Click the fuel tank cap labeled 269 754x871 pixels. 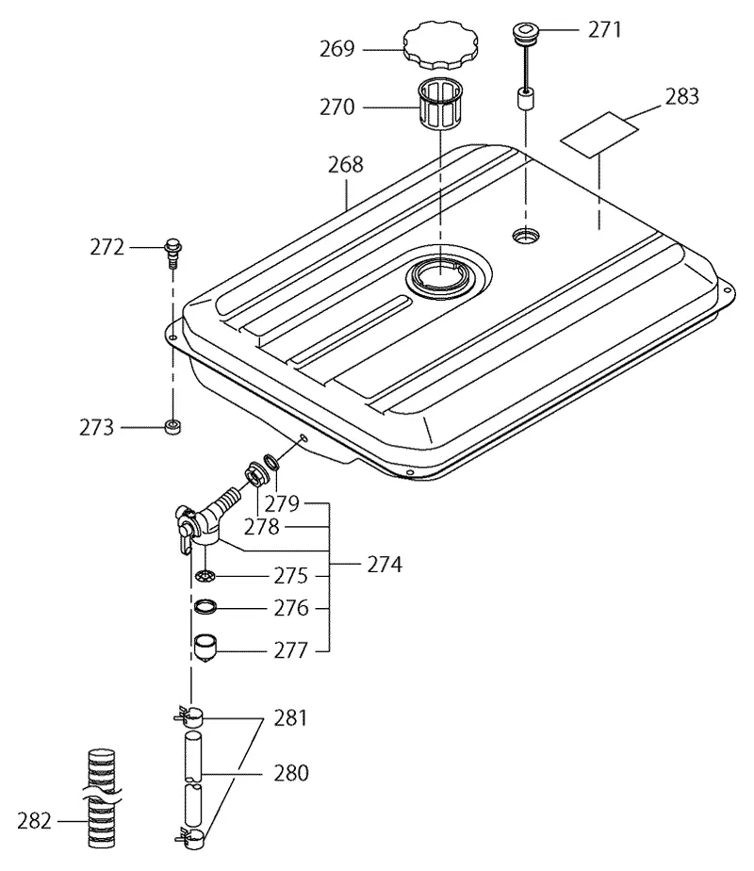441,44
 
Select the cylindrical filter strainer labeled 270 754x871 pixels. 438,105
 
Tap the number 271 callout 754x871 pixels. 605,29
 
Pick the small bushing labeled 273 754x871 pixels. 173,427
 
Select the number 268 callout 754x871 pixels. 345,164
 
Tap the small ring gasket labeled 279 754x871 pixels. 270,461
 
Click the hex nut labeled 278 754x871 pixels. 254,474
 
